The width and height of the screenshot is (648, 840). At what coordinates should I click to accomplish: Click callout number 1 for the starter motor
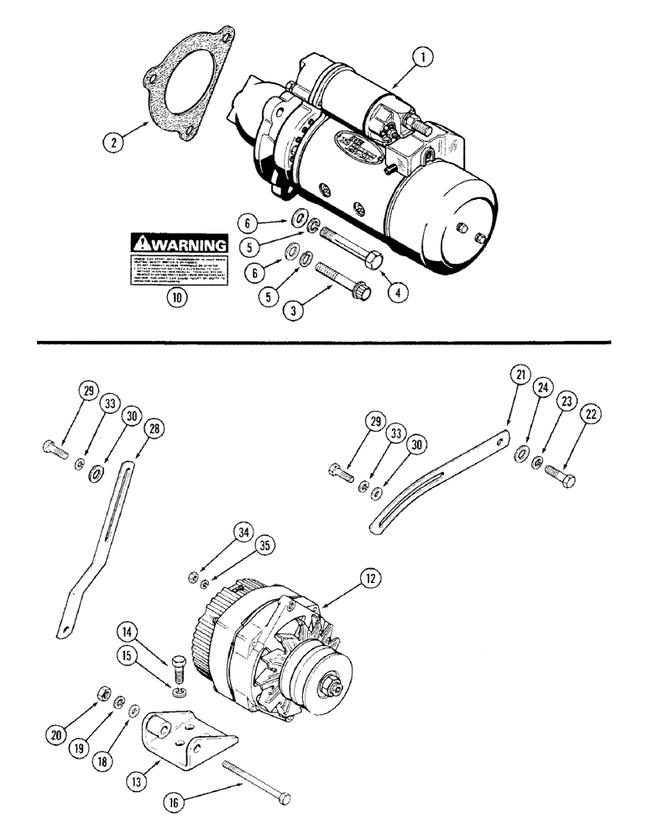[x=426, y=58]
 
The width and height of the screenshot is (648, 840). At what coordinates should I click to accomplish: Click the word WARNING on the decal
[x=188, y=244]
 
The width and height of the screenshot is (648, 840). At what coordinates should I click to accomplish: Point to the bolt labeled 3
[x=334, y=278]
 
